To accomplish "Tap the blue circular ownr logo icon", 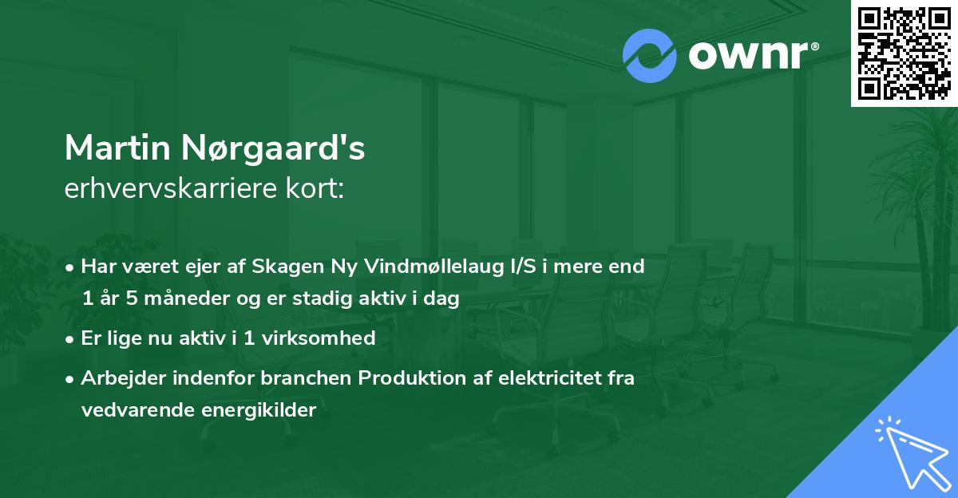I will coord(649,56).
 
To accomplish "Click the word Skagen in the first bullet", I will coord(282,267).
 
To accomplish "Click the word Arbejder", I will coord(117,378).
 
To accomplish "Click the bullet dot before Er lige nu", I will coord(70,338).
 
